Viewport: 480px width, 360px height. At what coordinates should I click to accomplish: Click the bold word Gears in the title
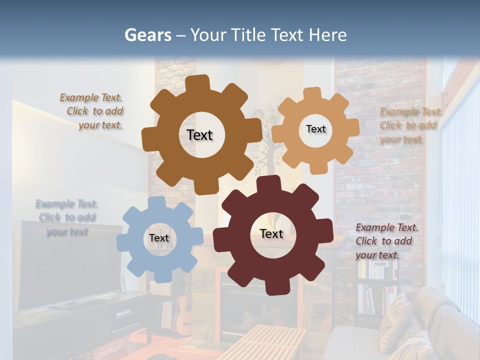click(x=147, y=35)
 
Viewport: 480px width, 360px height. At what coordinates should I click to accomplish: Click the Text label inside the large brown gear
click(x=199, y=135)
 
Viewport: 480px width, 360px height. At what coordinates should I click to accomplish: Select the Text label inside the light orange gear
click(x=315, y=129)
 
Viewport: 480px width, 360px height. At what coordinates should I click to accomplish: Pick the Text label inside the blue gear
click(x=159, y=238)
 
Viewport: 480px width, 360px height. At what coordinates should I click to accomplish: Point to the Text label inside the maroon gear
click(x=271, y=233)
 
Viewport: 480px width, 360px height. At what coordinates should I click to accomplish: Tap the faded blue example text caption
click(x=67, y=217)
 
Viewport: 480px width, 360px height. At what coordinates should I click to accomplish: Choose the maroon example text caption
click(x=385, y=241)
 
